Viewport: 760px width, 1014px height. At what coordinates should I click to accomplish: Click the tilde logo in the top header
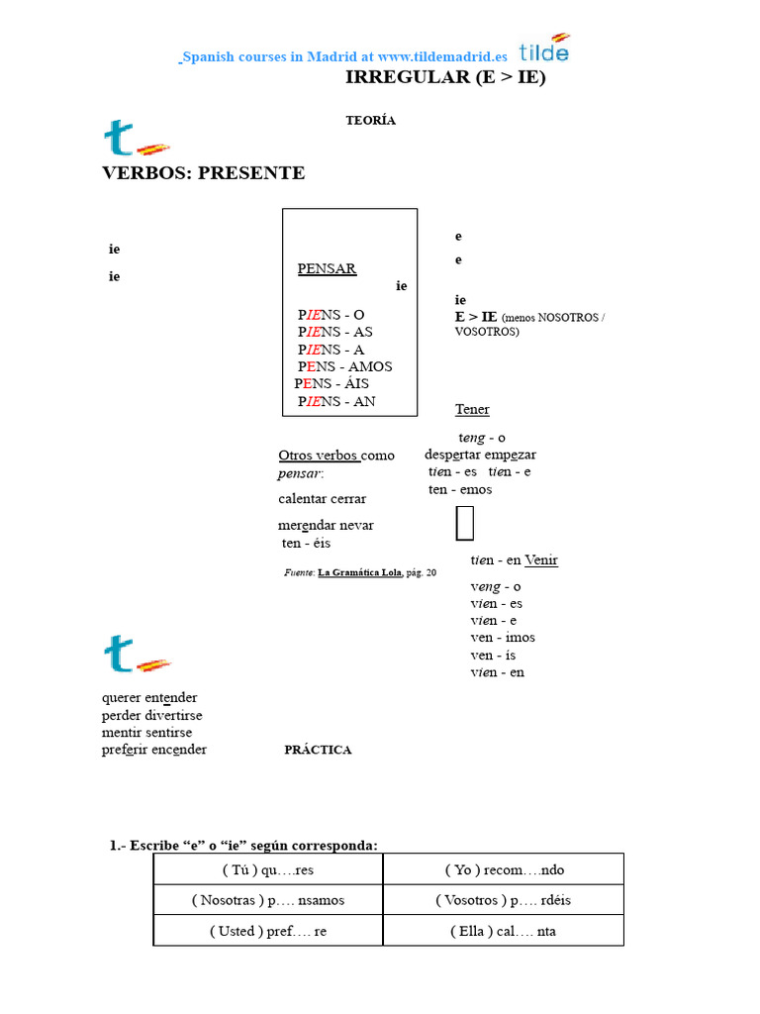[543, 49]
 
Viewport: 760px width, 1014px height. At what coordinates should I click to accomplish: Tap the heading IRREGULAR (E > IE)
[444, 77]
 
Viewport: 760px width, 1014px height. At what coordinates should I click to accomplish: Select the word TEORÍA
[370, 121]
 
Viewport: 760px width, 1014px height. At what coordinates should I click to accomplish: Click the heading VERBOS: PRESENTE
[204, 173]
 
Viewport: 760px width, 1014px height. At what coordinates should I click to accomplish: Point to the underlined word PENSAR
[327, 268]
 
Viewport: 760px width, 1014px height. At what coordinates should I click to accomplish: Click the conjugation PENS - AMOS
[344, 366]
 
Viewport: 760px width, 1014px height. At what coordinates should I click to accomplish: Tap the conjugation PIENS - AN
[336, 402]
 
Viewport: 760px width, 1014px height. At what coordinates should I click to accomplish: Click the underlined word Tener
[472, 410]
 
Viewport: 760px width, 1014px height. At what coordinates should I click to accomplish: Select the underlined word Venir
[541, 560]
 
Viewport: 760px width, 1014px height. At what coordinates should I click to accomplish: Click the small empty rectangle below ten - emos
[464, 523]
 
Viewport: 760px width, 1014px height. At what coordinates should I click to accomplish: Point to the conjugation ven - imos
[503, 638]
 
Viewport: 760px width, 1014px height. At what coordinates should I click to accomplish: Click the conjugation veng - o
[496, 586]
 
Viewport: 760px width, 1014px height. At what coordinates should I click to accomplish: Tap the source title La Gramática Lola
[359, 572]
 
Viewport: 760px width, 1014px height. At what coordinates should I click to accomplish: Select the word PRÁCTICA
[318, 750]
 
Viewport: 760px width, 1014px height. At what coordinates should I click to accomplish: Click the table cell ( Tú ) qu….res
[267, 870]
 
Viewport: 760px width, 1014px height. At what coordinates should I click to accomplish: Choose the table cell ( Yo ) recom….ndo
[504, 870]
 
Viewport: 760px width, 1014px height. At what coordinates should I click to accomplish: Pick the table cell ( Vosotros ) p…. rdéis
[504, 901]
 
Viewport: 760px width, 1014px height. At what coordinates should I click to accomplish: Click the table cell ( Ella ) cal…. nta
[504, 932]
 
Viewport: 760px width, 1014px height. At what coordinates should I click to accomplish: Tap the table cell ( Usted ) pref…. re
[267, 932]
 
